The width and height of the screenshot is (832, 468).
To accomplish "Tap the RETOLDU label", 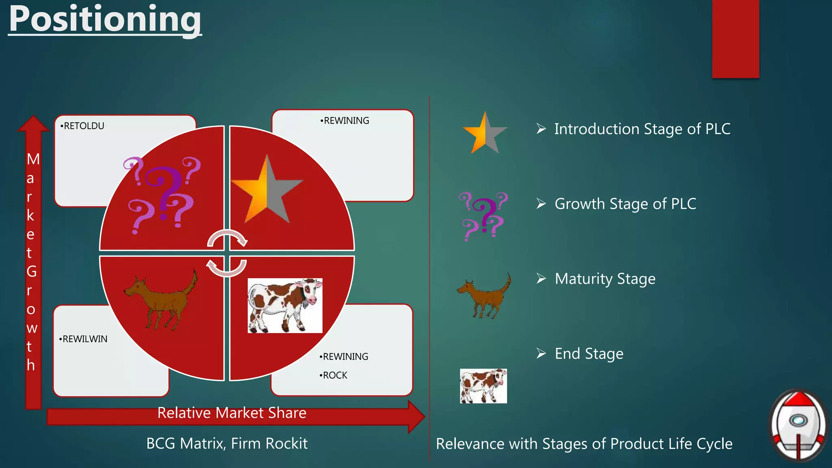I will point(84,126).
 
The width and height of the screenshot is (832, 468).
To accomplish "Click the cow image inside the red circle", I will point(285,305).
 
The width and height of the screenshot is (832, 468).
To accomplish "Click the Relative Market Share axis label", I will point(232,413).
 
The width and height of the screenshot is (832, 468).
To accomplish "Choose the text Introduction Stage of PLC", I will point(642,129).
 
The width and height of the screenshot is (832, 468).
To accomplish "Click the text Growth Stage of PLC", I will point(625,204).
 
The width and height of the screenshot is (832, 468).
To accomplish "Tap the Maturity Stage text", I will point(604,279).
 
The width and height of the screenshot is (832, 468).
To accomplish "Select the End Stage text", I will point(589,354).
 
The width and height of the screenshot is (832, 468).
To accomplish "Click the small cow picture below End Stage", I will point(483,386).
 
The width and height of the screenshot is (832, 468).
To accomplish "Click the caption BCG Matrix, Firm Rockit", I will point(227,443).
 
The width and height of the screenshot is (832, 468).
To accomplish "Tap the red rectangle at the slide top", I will point(735,39).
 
